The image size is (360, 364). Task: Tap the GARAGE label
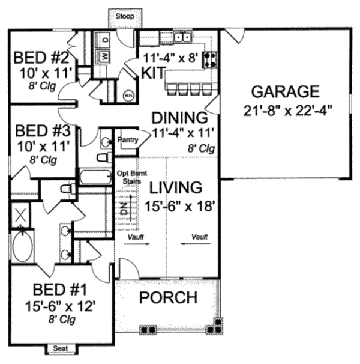(284, 92)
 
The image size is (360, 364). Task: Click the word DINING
(179, 117)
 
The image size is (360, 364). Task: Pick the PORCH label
(168, 297)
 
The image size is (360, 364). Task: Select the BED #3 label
(43, 130)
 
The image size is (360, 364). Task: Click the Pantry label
(128, 140)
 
